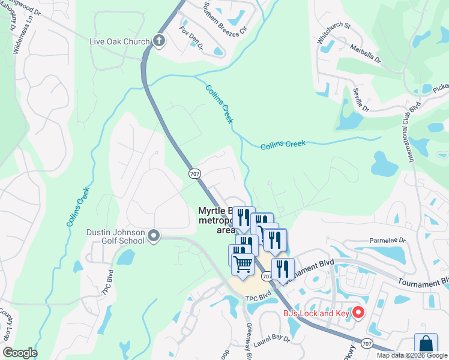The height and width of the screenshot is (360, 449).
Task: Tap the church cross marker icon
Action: pyautogui.click(x=159, y=40)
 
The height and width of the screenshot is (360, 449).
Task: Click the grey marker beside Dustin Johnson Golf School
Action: pyautogui.click(x=154, y=236)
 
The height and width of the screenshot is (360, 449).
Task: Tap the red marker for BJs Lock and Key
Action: pyautogui.click(x=358, y=312)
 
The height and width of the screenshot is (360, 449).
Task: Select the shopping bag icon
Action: pyautogui.click(x=426, y=345)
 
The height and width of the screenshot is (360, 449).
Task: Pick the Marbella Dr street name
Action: pyautogui.click(x=366, y=53)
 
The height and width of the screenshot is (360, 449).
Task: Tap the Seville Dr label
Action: pyautogui.click(x=361, y=98)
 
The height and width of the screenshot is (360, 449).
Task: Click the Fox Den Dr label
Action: pyautogui.click(x=191, y=37)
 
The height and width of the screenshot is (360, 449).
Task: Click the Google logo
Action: pyautogui.click(x=20, y=353)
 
